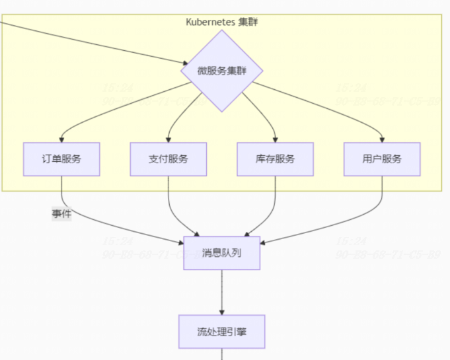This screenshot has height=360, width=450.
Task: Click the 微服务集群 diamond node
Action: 222,71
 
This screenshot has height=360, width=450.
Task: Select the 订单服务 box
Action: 61,159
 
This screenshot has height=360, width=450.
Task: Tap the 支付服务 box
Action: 169,159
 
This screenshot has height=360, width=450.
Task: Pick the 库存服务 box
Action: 275,159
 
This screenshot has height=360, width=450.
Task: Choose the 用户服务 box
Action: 382,159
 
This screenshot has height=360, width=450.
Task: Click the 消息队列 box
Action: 222,252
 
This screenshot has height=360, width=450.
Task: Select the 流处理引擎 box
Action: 222,332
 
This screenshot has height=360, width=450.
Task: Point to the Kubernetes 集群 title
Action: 222,22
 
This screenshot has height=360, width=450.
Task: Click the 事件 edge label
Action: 61,214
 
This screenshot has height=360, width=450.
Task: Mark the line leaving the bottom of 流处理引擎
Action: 222,355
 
